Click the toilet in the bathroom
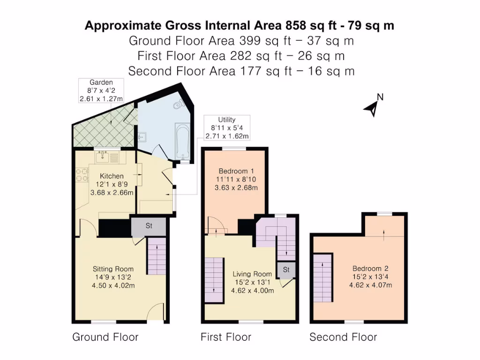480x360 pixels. (177, 106)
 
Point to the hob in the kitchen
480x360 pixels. (82, 174)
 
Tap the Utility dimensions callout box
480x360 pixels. (227, 128)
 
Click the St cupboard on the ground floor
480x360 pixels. (149, 226)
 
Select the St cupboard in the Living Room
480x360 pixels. (286, 270)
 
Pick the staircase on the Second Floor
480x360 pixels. (322, 277)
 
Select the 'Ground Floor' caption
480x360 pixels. (105, 337)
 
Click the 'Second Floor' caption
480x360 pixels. (343, 337)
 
